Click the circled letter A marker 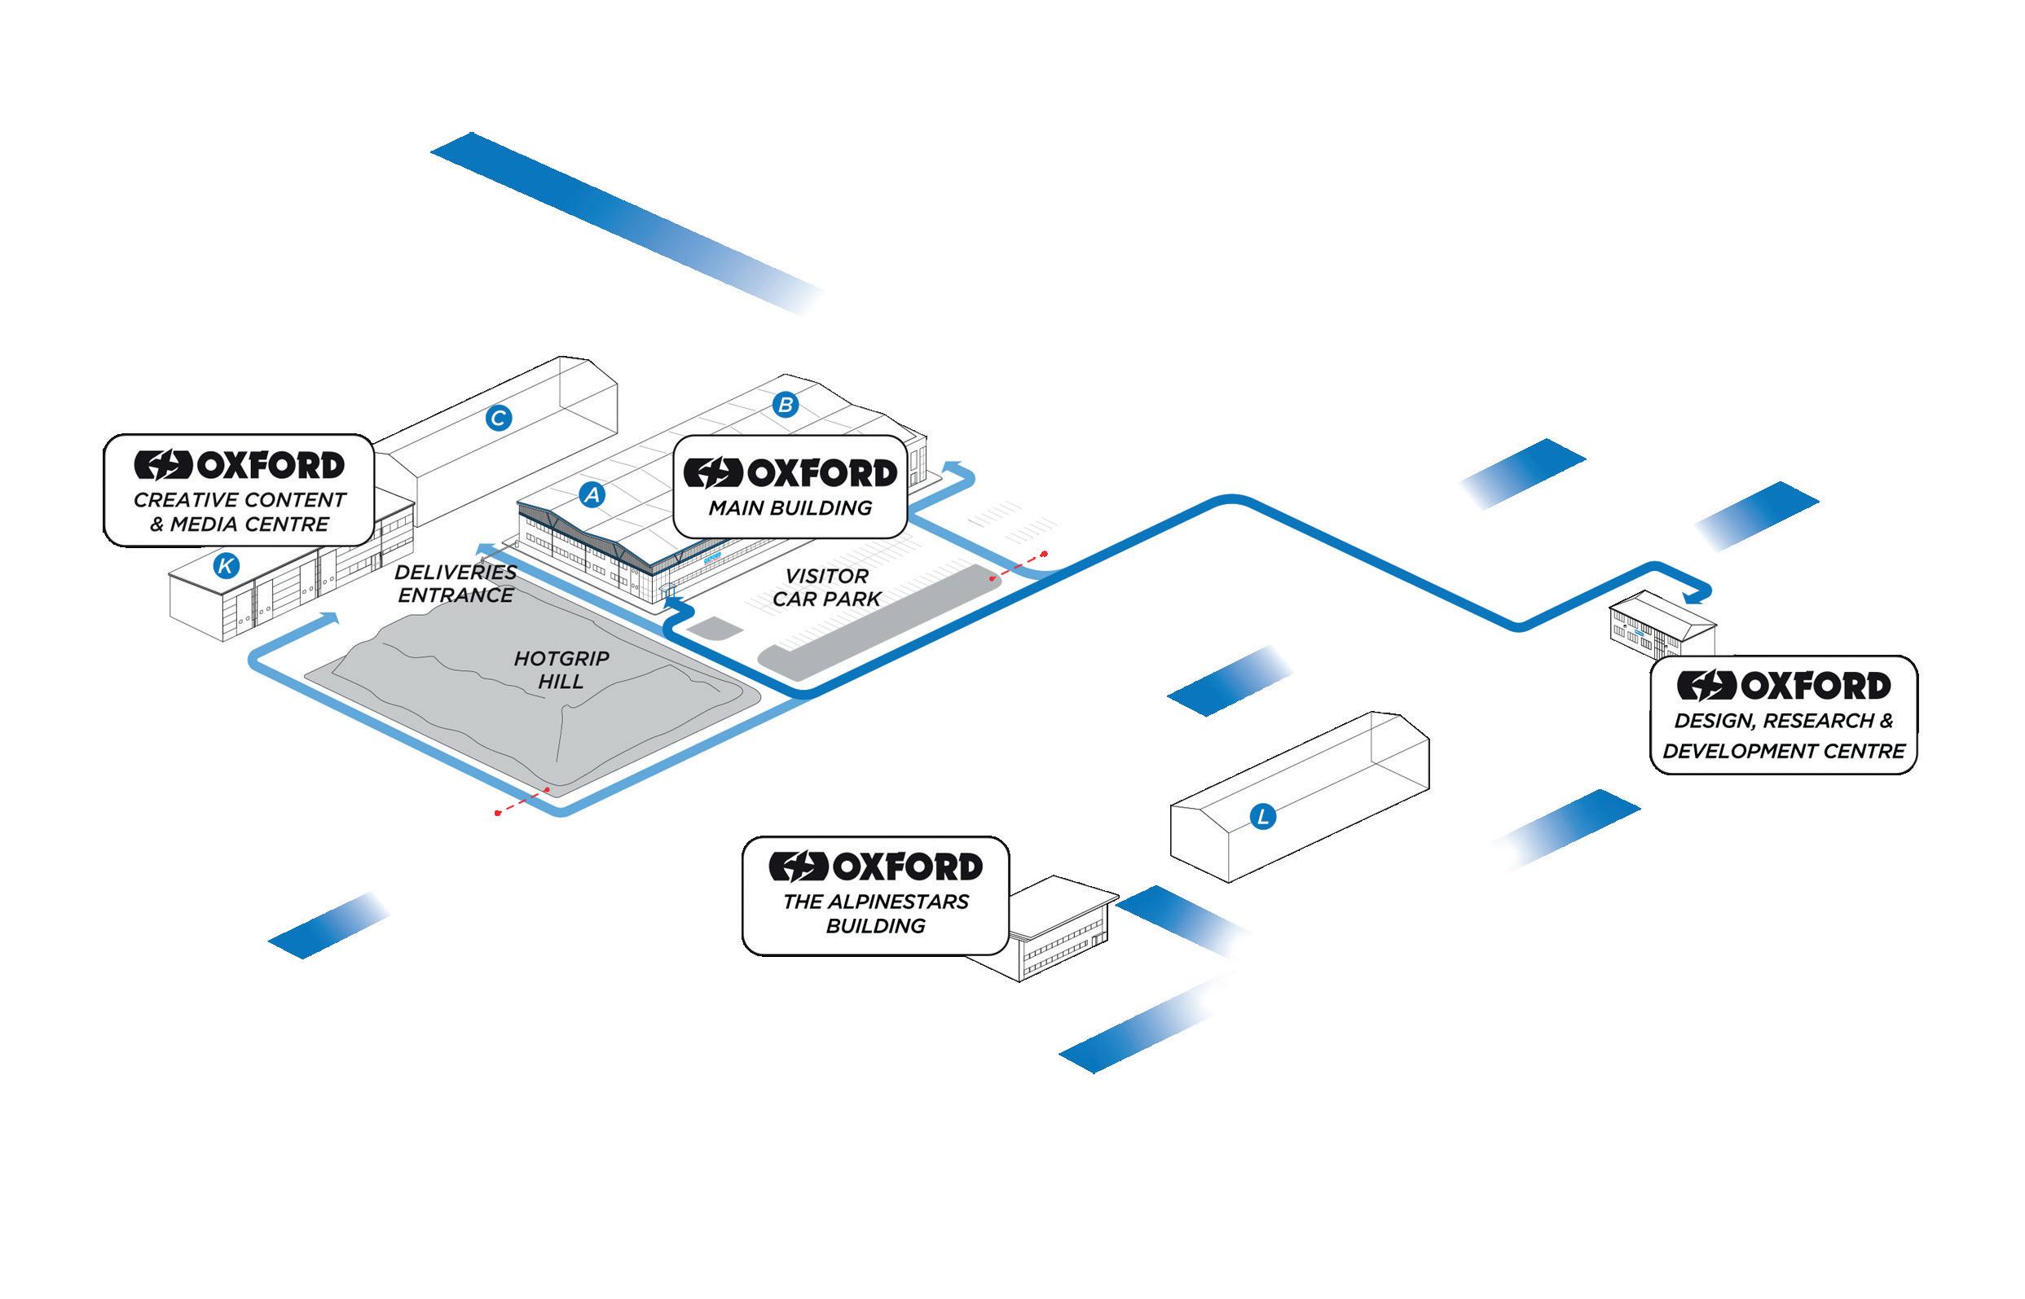[592, 494]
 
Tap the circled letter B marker [786, 405]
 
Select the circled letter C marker [499, 418]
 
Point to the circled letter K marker [225, 565]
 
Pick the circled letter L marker [1262, 817]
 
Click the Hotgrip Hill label [561, 669]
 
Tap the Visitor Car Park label [826, 587]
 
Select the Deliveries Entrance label [456, 584]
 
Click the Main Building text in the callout [790, 508]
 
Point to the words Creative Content [240, 500]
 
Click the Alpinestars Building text [876, 914]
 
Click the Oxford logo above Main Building [790, 473]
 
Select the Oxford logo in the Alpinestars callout [876, 867]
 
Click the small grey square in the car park [712, 629]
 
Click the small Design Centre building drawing [1661, 625]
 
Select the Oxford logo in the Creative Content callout [240, 465]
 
